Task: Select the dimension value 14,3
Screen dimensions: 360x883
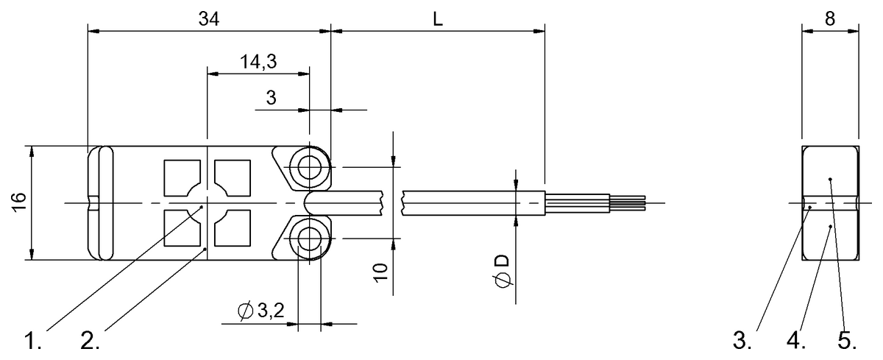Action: pyautogui.click(x=258, y=62)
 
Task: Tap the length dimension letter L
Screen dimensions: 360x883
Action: pyautogui.click(x=438, y=20)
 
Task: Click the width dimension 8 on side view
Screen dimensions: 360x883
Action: pyautogui.click(x=829, y=20)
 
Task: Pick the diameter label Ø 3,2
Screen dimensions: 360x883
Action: pyautogui.click(x=261, y=313)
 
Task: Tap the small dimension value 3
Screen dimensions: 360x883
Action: pyautogui.click(x=271, y=98)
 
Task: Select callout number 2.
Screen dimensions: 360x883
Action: pyautogui.click(x=89, y=342)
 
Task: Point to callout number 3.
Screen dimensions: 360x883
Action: pyautogui.click(x=742, y=342)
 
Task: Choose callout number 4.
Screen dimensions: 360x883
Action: pyautogui.click(x=795, y=342)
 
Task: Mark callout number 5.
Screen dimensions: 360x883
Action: pyautogui.click(x=846, y=342)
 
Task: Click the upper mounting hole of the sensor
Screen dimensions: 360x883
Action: pyautogui.click(x=308, y=167)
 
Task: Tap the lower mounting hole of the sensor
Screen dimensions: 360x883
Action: pyautogui.click(x=308, y=238)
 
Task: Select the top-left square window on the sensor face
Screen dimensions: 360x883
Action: pyautogui.click(x=180, y=177)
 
